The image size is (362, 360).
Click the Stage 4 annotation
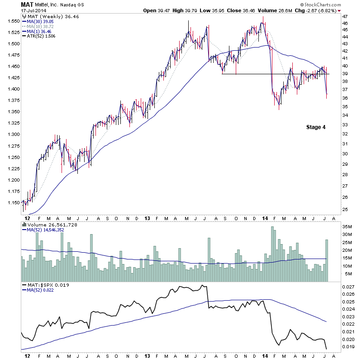tap(315, 127)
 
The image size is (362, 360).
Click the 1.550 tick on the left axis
tap(13, 21)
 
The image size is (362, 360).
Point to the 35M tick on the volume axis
tap(347, 226)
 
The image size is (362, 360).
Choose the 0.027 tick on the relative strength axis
tap(348, 287)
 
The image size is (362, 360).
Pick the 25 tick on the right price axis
tap(345, 209)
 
